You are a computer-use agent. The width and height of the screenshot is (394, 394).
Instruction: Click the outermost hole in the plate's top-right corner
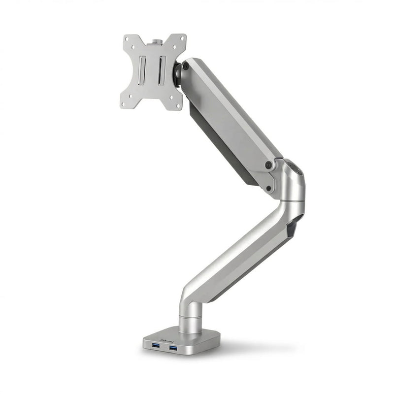coord(181,38)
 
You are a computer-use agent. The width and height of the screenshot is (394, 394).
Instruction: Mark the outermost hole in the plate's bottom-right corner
coord(179,104)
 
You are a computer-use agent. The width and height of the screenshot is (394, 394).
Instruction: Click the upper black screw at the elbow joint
coord(268,165)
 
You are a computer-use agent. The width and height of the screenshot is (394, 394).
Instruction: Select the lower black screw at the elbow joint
coord(269,188)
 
